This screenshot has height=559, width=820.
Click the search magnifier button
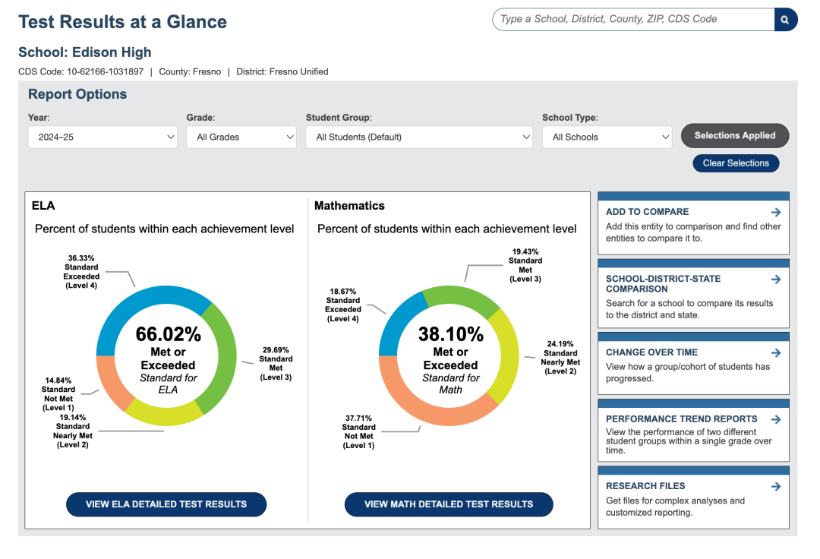pyautogui.click(x=786, y=20)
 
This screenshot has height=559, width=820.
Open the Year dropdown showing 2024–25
pyautogui.click(x=102, y=137)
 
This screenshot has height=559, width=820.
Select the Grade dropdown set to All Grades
pyautogui.click(x=241, y=137)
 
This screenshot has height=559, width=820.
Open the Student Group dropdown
pyautogui.click(x=419, y=137)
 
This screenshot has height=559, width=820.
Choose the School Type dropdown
pyautogui.click(x=607, y=137)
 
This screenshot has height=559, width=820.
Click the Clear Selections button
pyautogui.click(x=736, y=163)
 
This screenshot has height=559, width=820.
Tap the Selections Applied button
pyautogui.click(x=735, y=135)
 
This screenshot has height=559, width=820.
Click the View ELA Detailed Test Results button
pyautogui.click(x=166, y=504)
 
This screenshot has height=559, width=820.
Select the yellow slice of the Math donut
pyautogui.click(x=505, y=355)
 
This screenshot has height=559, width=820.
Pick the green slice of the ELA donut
pyautogui.click(x=222, y=361)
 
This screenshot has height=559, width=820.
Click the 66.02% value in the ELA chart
pyautogui.click(x=169, y=334)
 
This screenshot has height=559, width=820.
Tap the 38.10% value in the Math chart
pyautogui.click(x=451, y=334)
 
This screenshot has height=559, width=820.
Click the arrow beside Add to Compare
pyautogui.click(x=776, y=212)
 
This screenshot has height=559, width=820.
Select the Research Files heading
pyautogui.click(x=645, y=486)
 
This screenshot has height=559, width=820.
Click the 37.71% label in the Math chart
pyautogui.click(x=358, y=418)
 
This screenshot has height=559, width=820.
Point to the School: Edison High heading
pyautogui.click(x=85, y=52)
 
